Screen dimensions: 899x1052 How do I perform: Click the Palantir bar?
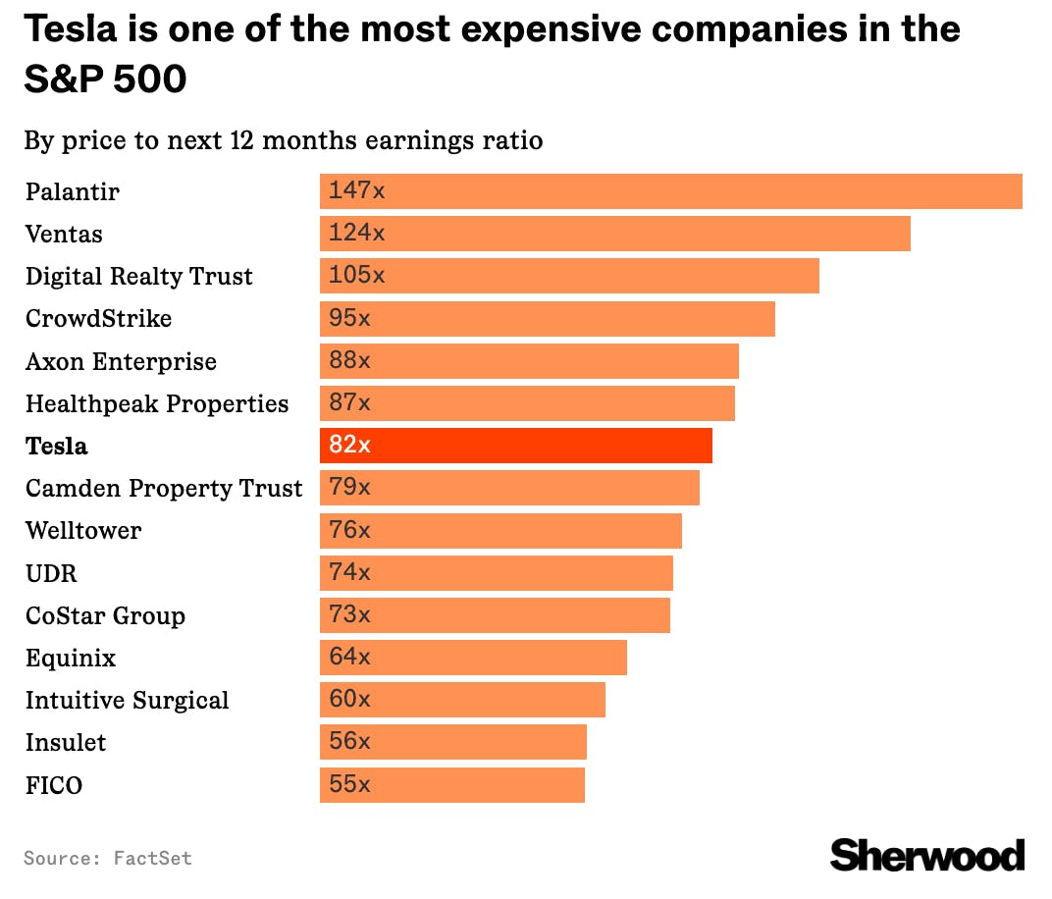671,191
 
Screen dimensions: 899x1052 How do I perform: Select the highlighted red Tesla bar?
516,446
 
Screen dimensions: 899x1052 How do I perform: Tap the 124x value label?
356,234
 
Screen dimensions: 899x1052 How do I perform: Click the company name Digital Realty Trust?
138,277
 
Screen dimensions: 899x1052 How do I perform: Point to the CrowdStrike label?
98,319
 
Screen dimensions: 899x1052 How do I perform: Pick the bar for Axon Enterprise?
529,361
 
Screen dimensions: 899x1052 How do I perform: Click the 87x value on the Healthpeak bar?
349,403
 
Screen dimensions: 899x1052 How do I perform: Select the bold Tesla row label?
56,447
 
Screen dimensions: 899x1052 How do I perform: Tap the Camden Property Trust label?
164,489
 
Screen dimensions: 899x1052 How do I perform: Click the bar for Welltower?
500,531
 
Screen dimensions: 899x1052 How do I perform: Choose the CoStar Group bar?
495,615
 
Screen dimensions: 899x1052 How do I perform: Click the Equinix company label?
71,659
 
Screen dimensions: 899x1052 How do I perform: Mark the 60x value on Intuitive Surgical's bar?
349,700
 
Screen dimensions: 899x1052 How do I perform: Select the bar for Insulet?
453,742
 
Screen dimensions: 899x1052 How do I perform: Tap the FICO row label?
54,785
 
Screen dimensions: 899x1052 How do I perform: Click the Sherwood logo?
926,855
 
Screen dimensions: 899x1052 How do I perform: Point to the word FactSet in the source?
152,858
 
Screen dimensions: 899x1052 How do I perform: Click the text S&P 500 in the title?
105,79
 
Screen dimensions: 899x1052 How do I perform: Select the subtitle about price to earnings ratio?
283,140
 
